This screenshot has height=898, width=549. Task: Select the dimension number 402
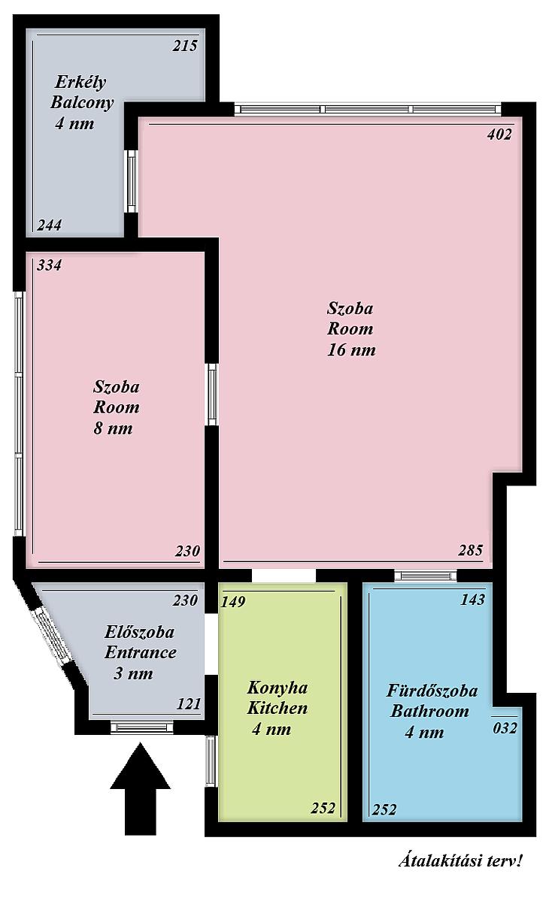(x=499, y=135)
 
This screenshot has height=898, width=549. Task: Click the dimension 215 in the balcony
(x=185, y=46)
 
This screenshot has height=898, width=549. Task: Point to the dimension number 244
(x=50, y=225)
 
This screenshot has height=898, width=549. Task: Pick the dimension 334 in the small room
(x=50, y=265)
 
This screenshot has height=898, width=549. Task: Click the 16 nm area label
(x=351, y=349)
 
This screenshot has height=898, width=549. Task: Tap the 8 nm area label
(x=113, y=428)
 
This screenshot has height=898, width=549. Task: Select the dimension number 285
(x=471, y=550)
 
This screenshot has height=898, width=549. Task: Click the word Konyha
(x=278, y=688)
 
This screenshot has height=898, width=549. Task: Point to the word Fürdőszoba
(x=432, y=691)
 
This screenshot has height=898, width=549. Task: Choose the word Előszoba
(x=139, y=632)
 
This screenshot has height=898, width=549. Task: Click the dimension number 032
(x=505, y=728)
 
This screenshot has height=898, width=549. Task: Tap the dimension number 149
(x=233, y=601)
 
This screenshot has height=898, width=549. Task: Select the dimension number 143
(x=473, y=600)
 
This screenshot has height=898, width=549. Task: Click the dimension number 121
(x=189, y=704)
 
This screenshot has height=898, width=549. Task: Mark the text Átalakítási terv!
(x=460, y=860)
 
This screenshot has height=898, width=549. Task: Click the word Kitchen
(x=278, y=709)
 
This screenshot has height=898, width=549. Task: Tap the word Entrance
(x=141, y=652)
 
